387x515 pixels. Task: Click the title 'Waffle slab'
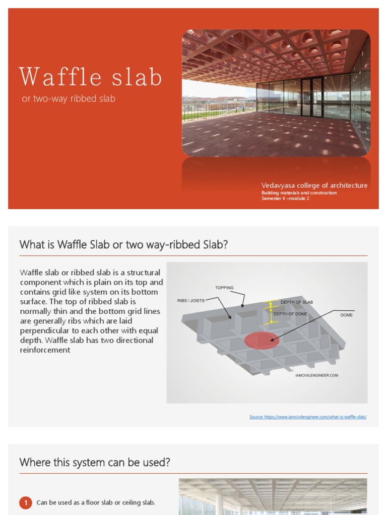[x=91, y=77]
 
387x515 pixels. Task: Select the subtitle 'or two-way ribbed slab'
[x=69, y=99]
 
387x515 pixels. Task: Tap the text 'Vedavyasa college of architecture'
[x=314, y=186]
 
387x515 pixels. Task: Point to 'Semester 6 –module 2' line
[x=285, y=199]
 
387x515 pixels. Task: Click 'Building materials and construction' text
[x=299, y=193]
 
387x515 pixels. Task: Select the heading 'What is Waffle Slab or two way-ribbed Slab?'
[x=123, y=245]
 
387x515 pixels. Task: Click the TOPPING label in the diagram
[x=224, y=288]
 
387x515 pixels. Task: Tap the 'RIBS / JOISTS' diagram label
[x=191, y=301]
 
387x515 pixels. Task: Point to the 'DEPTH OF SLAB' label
[x=297, y=302]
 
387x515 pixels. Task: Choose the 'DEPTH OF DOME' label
[x=290, y=314]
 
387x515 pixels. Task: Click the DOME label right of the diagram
[x=347, y=315]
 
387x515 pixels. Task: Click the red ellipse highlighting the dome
[x=262, y=340]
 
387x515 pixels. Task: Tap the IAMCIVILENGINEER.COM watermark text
[x=316, y=375]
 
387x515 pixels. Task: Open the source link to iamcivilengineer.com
[x=308, y=417]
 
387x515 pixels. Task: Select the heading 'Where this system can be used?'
[x=95, y=463]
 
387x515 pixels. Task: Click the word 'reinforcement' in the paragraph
[x=45, y=350]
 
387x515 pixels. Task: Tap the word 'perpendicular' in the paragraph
[x=45, y=330]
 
